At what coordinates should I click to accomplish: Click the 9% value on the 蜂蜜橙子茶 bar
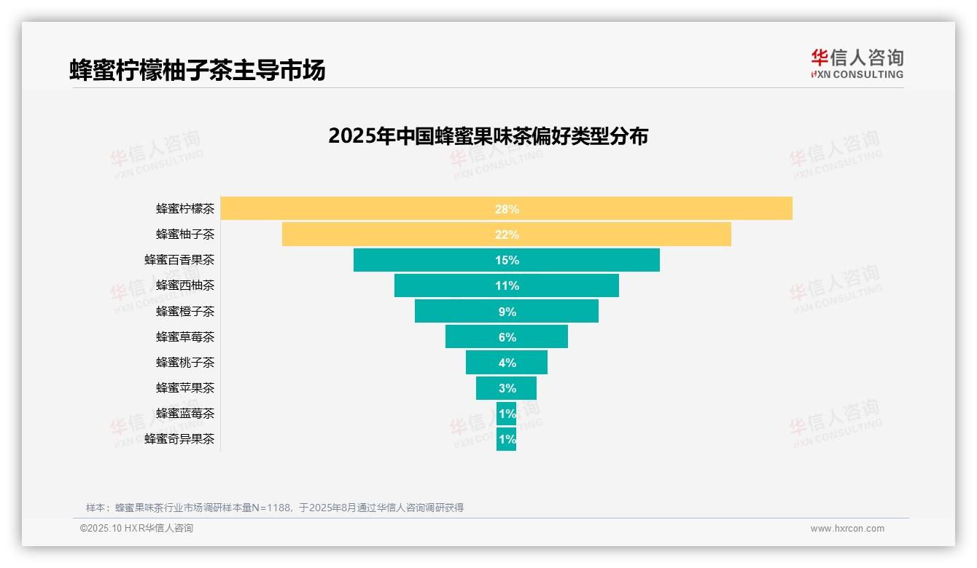coord(507,312)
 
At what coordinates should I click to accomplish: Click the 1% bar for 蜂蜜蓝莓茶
coord(506,414)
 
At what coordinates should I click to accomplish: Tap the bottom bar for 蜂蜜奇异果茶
coord(506,439)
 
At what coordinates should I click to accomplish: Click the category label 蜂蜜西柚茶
coord(185,285)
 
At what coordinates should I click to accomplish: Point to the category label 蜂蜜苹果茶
coord(185,388)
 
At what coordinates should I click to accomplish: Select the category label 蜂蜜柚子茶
coord(185,234)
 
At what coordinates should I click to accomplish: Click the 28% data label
coord(507,209)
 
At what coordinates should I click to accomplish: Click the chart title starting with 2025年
coord(488,136)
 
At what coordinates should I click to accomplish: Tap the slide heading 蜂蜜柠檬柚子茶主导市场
coord(197,70)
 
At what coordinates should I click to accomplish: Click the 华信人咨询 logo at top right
coord(857,63)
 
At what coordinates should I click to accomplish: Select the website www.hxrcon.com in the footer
coord(847,529)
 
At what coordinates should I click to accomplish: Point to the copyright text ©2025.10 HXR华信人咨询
coord(136,529)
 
